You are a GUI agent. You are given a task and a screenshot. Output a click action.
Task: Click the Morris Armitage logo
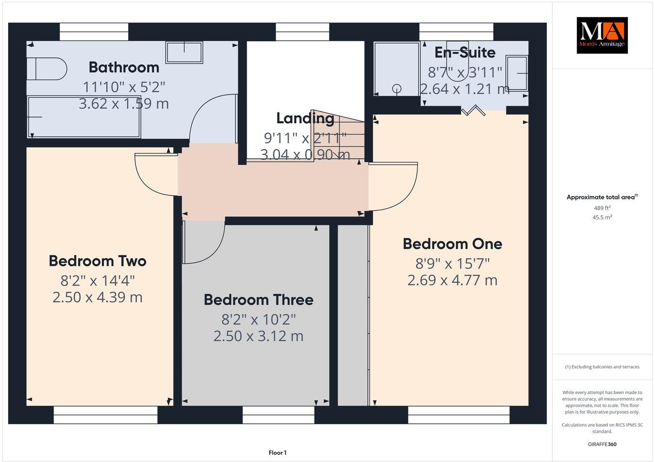click(602, 35)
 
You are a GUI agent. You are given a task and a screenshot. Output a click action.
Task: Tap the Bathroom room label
click(124, 67)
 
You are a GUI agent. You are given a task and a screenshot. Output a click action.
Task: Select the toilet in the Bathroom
click(46, 69)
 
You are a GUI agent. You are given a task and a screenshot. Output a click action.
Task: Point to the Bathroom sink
click(184, 52)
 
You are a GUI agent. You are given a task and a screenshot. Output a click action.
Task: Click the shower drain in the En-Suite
click(397, 88)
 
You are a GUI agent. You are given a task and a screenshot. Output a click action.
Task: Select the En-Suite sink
click(517, 73)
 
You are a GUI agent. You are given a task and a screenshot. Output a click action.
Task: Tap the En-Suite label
click(464, 52)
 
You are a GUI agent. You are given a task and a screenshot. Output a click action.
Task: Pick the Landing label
click(305, 118)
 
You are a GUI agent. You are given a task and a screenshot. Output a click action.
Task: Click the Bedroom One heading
click(452, 244)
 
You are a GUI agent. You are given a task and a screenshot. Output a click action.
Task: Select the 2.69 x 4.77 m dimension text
click(452, 280)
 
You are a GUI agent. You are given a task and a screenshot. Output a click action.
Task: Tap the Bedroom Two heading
click(98, 261)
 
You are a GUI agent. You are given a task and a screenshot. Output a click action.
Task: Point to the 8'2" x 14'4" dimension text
click(98, 280)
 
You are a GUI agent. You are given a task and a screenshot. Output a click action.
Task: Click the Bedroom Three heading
click(258, 299)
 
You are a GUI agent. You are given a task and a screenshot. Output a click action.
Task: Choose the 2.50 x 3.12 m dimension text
click(258, 336)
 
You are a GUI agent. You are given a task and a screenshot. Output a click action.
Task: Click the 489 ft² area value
click(602, 208)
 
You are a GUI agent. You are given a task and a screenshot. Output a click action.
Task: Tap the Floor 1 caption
click(278, 453)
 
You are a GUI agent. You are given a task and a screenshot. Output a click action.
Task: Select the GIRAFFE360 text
click(602, 444)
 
